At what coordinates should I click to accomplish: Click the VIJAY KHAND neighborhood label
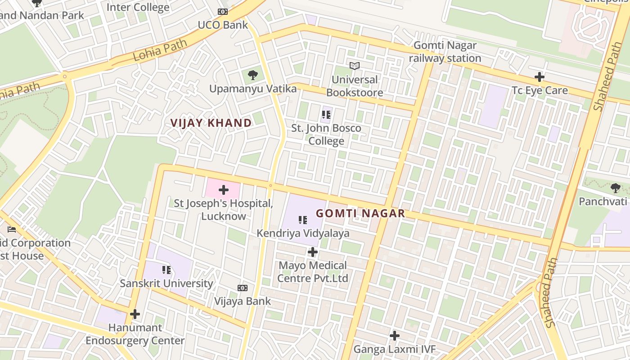[x=211, y=123]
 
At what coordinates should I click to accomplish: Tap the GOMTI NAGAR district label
[x=360, y=213]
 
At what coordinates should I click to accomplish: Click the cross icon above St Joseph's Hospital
[x=224, y=190]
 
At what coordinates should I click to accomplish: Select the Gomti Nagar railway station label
[x=445, y=52]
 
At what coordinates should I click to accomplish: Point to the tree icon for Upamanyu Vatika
[x=253, y=75]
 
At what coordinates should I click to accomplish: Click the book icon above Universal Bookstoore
[x=355, y=66]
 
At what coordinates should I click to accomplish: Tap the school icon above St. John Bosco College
[x=326, y=115]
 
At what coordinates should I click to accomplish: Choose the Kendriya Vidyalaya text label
[x=303, y=233]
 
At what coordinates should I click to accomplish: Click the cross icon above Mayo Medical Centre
[x=313, y=252]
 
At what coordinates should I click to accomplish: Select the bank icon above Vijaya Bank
[x=243, y=288]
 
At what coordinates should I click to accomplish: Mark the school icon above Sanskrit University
[x=166, y=270]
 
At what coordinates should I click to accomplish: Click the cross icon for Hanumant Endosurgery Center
[x=135, y=314]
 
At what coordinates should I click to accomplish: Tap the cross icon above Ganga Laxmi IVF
[x=395, y=336]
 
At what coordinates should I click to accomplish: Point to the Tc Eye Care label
[x=540, y=90]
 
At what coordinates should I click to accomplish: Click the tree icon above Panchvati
[x=615, y=188]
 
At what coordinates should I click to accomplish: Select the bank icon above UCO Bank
[x=223, y=12]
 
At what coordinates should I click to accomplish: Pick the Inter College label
[x=138, y=7]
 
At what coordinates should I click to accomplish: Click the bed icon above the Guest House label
[x=12, y=229]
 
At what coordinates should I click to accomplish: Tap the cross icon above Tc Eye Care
[x=540, y=77]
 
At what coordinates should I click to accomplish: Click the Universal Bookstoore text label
[x=355, y=86]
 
